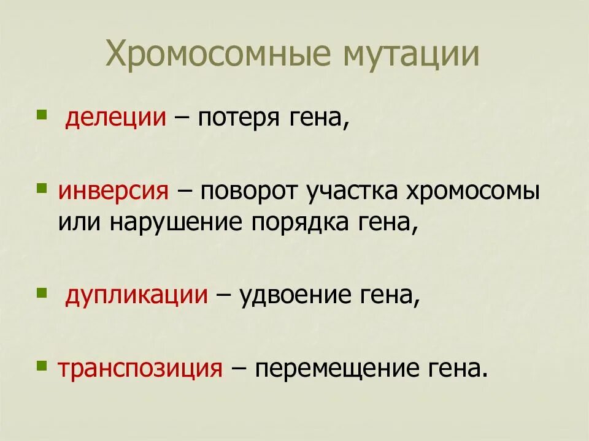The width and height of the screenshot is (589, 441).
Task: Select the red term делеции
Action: (x=116, y=118)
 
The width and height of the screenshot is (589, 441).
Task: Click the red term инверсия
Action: (x=113, y=192)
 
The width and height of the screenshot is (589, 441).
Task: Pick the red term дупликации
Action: (x=136, y=296)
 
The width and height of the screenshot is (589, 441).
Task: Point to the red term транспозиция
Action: (x=140, y=369)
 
